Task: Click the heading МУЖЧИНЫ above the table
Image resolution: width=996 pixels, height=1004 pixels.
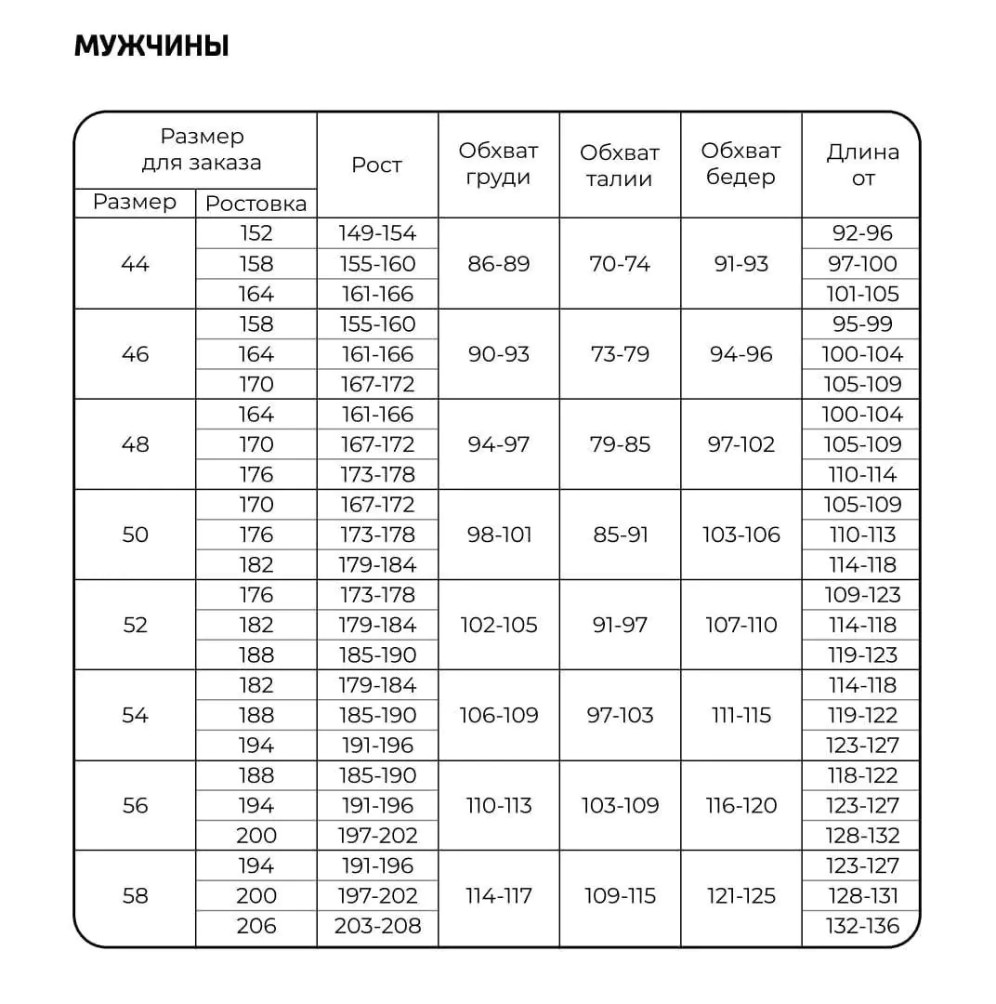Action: (151, 46)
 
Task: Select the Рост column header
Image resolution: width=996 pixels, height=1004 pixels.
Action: (376, 165)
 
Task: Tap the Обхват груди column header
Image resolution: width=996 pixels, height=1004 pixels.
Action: (498, 164)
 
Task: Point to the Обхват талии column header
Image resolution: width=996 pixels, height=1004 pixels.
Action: (620, 165)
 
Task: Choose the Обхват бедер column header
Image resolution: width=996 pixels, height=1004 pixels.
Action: (740, 164)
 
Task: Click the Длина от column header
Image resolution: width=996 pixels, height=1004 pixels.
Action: (862, 164)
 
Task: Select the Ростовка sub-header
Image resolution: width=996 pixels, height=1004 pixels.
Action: (256, 204)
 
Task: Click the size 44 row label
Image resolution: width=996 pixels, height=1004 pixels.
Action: (135, 264)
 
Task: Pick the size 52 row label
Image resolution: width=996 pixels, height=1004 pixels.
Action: (135, 625)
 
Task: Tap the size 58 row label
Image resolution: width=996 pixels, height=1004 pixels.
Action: (135, 896)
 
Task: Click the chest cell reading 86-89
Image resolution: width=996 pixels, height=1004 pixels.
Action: (499, 264)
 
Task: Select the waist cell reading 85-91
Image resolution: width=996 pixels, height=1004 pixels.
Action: (620, 535)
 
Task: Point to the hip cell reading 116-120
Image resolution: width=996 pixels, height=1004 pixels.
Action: (741, 805)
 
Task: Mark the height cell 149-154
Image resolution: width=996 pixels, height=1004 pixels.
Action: (377, 233)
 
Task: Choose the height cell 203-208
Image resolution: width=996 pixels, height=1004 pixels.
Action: (377, 926)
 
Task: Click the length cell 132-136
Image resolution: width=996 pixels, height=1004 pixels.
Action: (862, 926)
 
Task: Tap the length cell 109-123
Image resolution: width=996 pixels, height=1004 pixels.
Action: (862, 595)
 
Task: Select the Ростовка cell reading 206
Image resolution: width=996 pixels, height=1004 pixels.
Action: (256, 926)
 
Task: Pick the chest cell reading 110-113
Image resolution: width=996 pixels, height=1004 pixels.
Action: (499, 805)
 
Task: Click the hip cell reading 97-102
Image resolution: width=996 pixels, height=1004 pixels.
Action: (741, 444)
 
